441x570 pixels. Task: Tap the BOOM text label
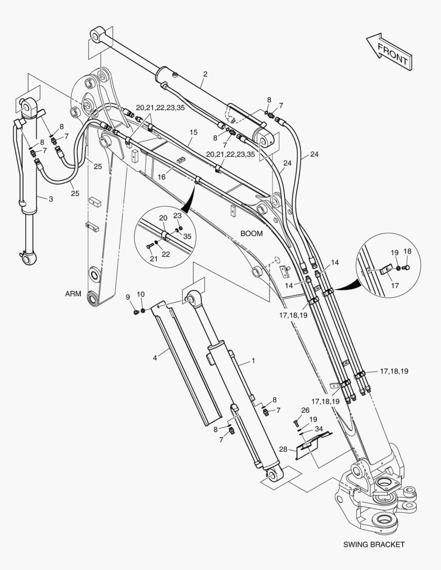coord(251,233)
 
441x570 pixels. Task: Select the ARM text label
coord(73,294)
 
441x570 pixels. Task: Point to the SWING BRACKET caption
coord(373,544)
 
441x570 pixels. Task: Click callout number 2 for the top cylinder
coord(205,74)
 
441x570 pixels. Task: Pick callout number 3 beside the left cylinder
coord(51,199)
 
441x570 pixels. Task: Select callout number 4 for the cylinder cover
coord(155,358)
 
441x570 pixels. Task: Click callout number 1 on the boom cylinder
coord(253,361)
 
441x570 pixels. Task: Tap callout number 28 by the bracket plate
coord(283,449)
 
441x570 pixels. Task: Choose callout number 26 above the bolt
coord(305,410)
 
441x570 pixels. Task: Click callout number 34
coord(318,429)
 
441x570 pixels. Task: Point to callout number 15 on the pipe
coord(193,131)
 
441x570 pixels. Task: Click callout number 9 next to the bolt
coord(127,297)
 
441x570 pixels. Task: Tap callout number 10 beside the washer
coord(140,294)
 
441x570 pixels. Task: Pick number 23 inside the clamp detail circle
coord(177,215)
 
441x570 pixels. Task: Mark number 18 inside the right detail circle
coord(407,251)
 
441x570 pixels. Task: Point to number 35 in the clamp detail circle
coord(187,237)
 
